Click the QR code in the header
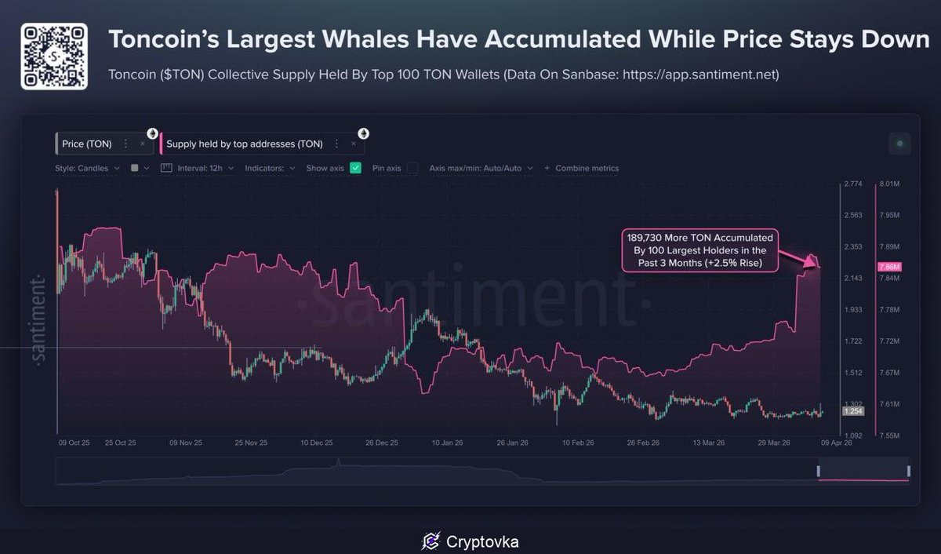coord(53,56)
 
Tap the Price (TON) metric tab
coord(86,144)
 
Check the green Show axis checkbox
coord(355,168)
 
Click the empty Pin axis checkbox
coord(412,168)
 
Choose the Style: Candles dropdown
coord(87,168)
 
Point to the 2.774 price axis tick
coord(853,184)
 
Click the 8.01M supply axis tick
coord(889,184)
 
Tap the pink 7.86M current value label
coord(891,268)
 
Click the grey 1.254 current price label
coord(852,411)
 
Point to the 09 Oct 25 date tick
coord(74,443)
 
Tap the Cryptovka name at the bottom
coord(482,541)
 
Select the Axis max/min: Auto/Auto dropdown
coord(481,168)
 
